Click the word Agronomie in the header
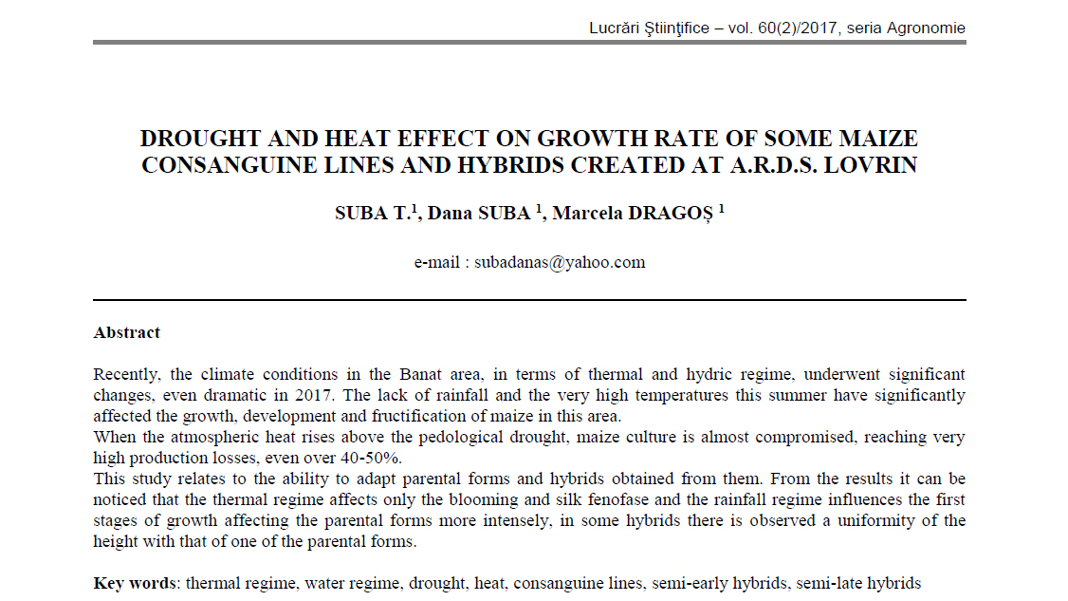pyautogui.click(x=926, y=28)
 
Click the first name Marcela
pyautogui.click(x=588, y=213)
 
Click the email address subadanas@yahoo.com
pyautogui.click(x=560, y=262)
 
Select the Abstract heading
pyautogui.click(x=127, y=332)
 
